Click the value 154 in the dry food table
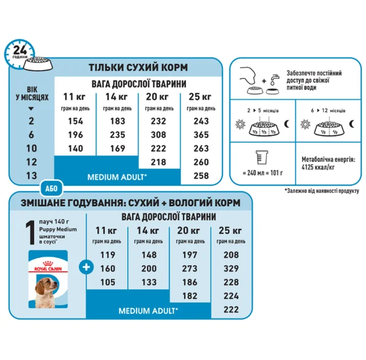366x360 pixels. click(x=73, y=122)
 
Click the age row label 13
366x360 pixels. click(x=31, y=175)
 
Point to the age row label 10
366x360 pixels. click(x=31, y=149)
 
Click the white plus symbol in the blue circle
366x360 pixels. click(x=86, y=266)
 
